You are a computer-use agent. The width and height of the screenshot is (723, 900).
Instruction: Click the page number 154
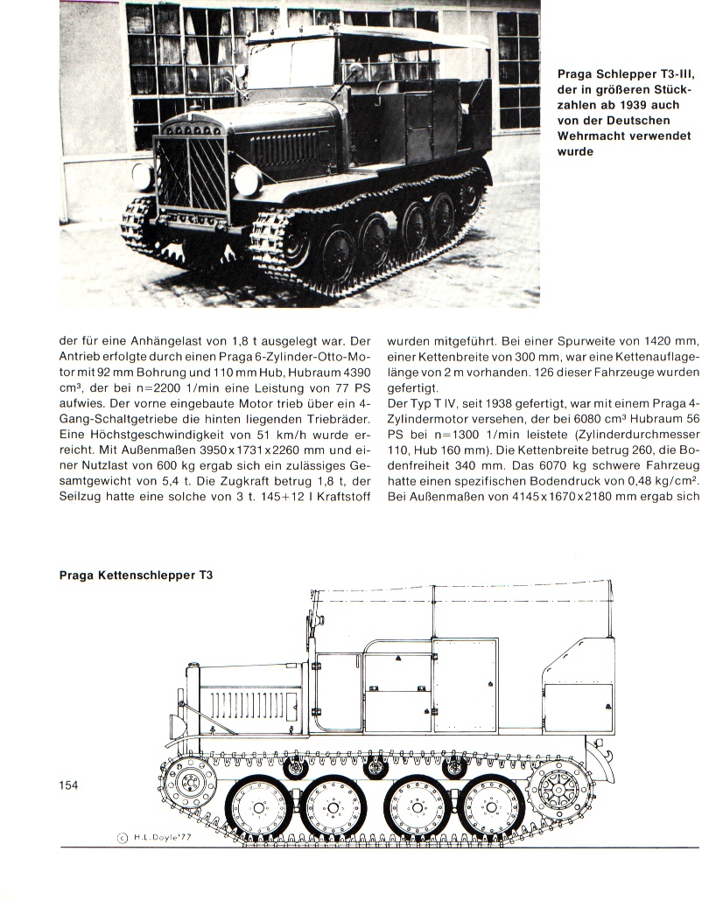tap(68, 785)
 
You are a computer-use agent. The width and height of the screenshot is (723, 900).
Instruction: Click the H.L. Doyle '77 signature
tap(161, 836)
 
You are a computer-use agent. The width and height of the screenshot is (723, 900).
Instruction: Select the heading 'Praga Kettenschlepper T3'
tap(136, 576)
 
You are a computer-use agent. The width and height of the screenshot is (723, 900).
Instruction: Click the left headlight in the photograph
tap(143, 176)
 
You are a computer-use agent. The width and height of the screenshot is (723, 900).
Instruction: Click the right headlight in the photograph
tap(248, 181)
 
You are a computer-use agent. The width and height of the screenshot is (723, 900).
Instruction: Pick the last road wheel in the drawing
tap(494, 806)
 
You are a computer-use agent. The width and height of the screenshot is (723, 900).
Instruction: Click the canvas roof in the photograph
tap(368, 39)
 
